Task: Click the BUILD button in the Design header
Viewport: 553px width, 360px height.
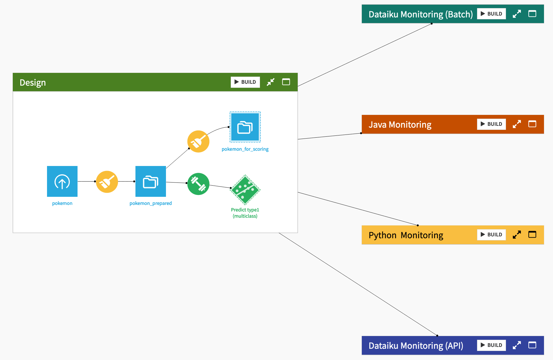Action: pos(245,82)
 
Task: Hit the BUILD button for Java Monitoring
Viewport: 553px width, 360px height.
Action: pos(491,124)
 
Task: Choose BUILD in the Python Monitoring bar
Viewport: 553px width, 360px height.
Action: pos(491,234)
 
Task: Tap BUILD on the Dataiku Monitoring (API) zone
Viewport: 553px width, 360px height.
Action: pos(491,345)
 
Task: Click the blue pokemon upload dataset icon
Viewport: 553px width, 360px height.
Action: pos(62,181)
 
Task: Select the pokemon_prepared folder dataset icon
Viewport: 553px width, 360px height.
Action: pos(151,181)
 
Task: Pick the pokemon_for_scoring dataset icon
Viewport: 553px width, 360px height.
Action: pos(245,127)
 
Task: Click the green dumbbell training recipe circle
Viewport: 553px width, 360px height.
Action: pos(198,184)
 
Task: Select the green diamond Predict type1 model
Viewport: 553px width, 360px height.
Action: pos(245,190)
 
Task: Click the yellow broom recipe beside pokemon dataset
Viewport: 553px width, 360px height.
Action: pos(107,182)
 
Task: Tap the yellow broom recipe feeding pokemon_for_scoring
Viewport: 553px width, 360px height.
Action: pos(198,141)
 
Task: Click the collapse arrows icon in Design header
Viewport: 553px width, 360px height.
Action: pos(271,82)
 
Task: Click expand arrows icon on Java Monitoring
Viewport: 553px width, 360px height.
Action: pos(517,124)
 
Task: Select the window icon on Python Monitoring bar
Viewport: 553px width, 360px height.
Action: pos(532,234)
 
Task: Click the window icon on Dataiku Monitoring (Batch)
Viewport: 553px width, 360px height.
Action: pos(532,14)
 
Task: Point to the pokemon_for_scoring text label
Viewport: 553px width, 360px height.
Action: pos(245,149)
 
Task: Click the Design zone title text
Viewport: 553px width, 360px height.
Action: pos(33,83)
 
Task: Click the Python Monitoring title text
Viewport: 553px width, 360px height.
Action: pos(406,235)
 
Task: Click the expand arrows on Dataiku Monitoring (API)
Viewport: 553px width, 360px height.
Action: pos(517,345)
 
